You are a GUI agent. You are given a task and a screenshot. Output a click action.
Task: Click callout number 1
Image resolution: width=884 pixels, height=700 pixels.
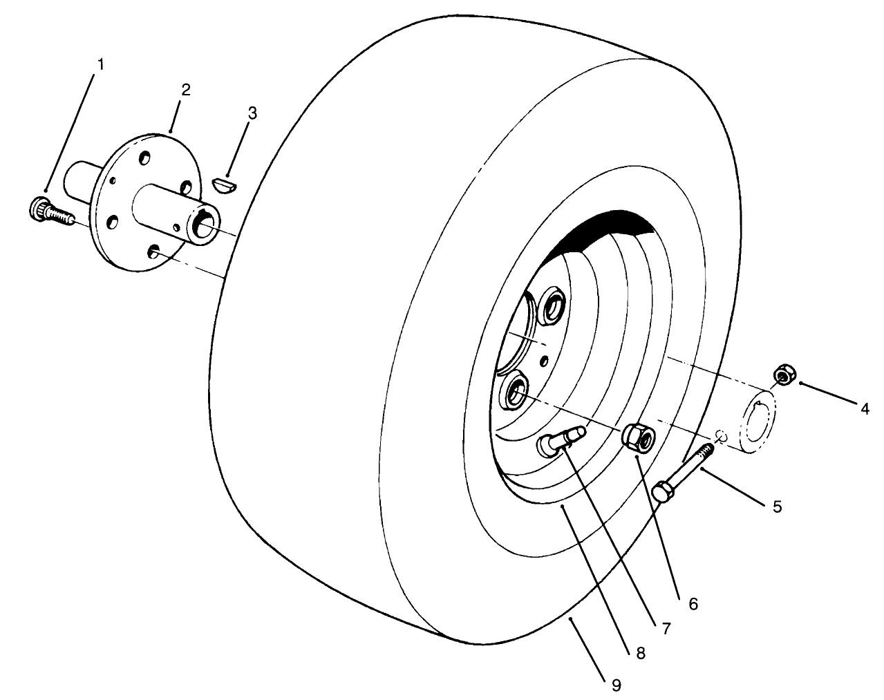point(101,64)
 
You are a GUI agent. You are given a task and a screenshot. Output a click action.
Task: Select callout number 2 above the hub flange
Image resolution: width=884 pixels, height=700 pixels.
point(186,90)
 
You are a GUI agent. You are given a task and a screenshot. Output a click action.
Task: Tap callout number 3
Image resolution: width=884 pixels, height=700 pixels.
point(252,113)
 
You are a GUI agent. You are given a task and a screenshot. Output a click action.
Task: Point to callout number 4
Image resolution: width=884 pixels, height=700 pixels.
point(864,409)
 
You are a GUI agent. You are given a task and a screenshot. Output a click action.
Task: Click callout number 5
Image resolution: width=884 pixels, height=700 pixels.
point(777,507)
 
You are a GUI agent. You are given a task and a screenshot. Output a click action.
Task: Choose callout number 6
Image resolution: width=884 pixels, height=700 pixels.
point(693,603)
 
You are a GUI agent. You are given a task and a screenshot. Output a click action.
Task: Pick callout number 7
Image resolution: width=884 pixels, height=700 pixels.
point(666,628)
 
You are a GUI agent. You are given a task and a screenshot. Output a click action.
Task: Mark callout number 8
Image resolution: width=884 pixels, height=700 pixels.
point(641,653)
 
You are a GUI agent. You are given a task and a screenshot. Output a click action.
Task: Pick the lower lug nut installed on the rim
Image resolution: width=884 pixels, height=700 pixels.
point(515,395)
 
